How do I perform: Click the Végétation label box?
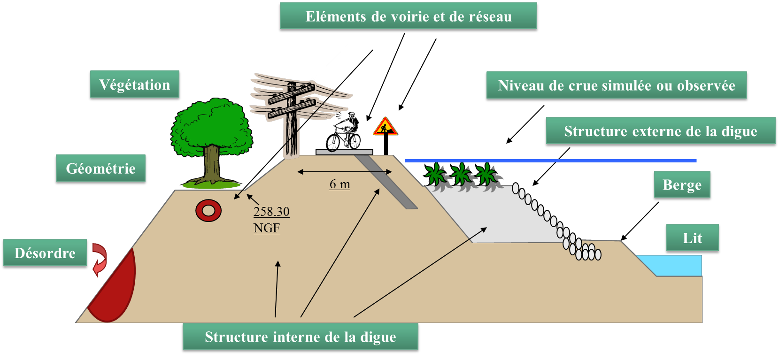pos(134,85)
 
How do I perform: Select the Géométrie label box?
pos(100,169)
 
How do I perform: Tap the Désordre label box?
pos(45,253)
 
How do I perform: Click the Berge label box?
pos(682,185)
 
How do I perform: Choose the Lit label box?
pos(692,238)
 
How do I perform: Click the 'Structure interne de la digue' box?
pos(300,337)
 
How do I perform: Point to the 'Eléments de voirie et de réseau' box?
pos(408,17)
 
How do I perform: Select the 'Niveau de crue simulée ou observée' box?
pos(616,86)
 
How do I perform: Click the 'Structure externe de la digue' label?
pos(660,131)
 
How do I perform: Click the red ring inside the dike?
pos(208,211)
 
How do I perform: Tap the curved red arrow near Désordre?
pos(100,260)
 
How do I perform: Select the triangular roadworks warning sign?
pos(385,127)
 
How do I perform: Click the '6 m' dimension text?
pos(339,184)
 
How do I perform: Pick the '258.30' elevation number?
pos(271,212)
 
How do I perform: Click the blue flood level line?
pos(549,161)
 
